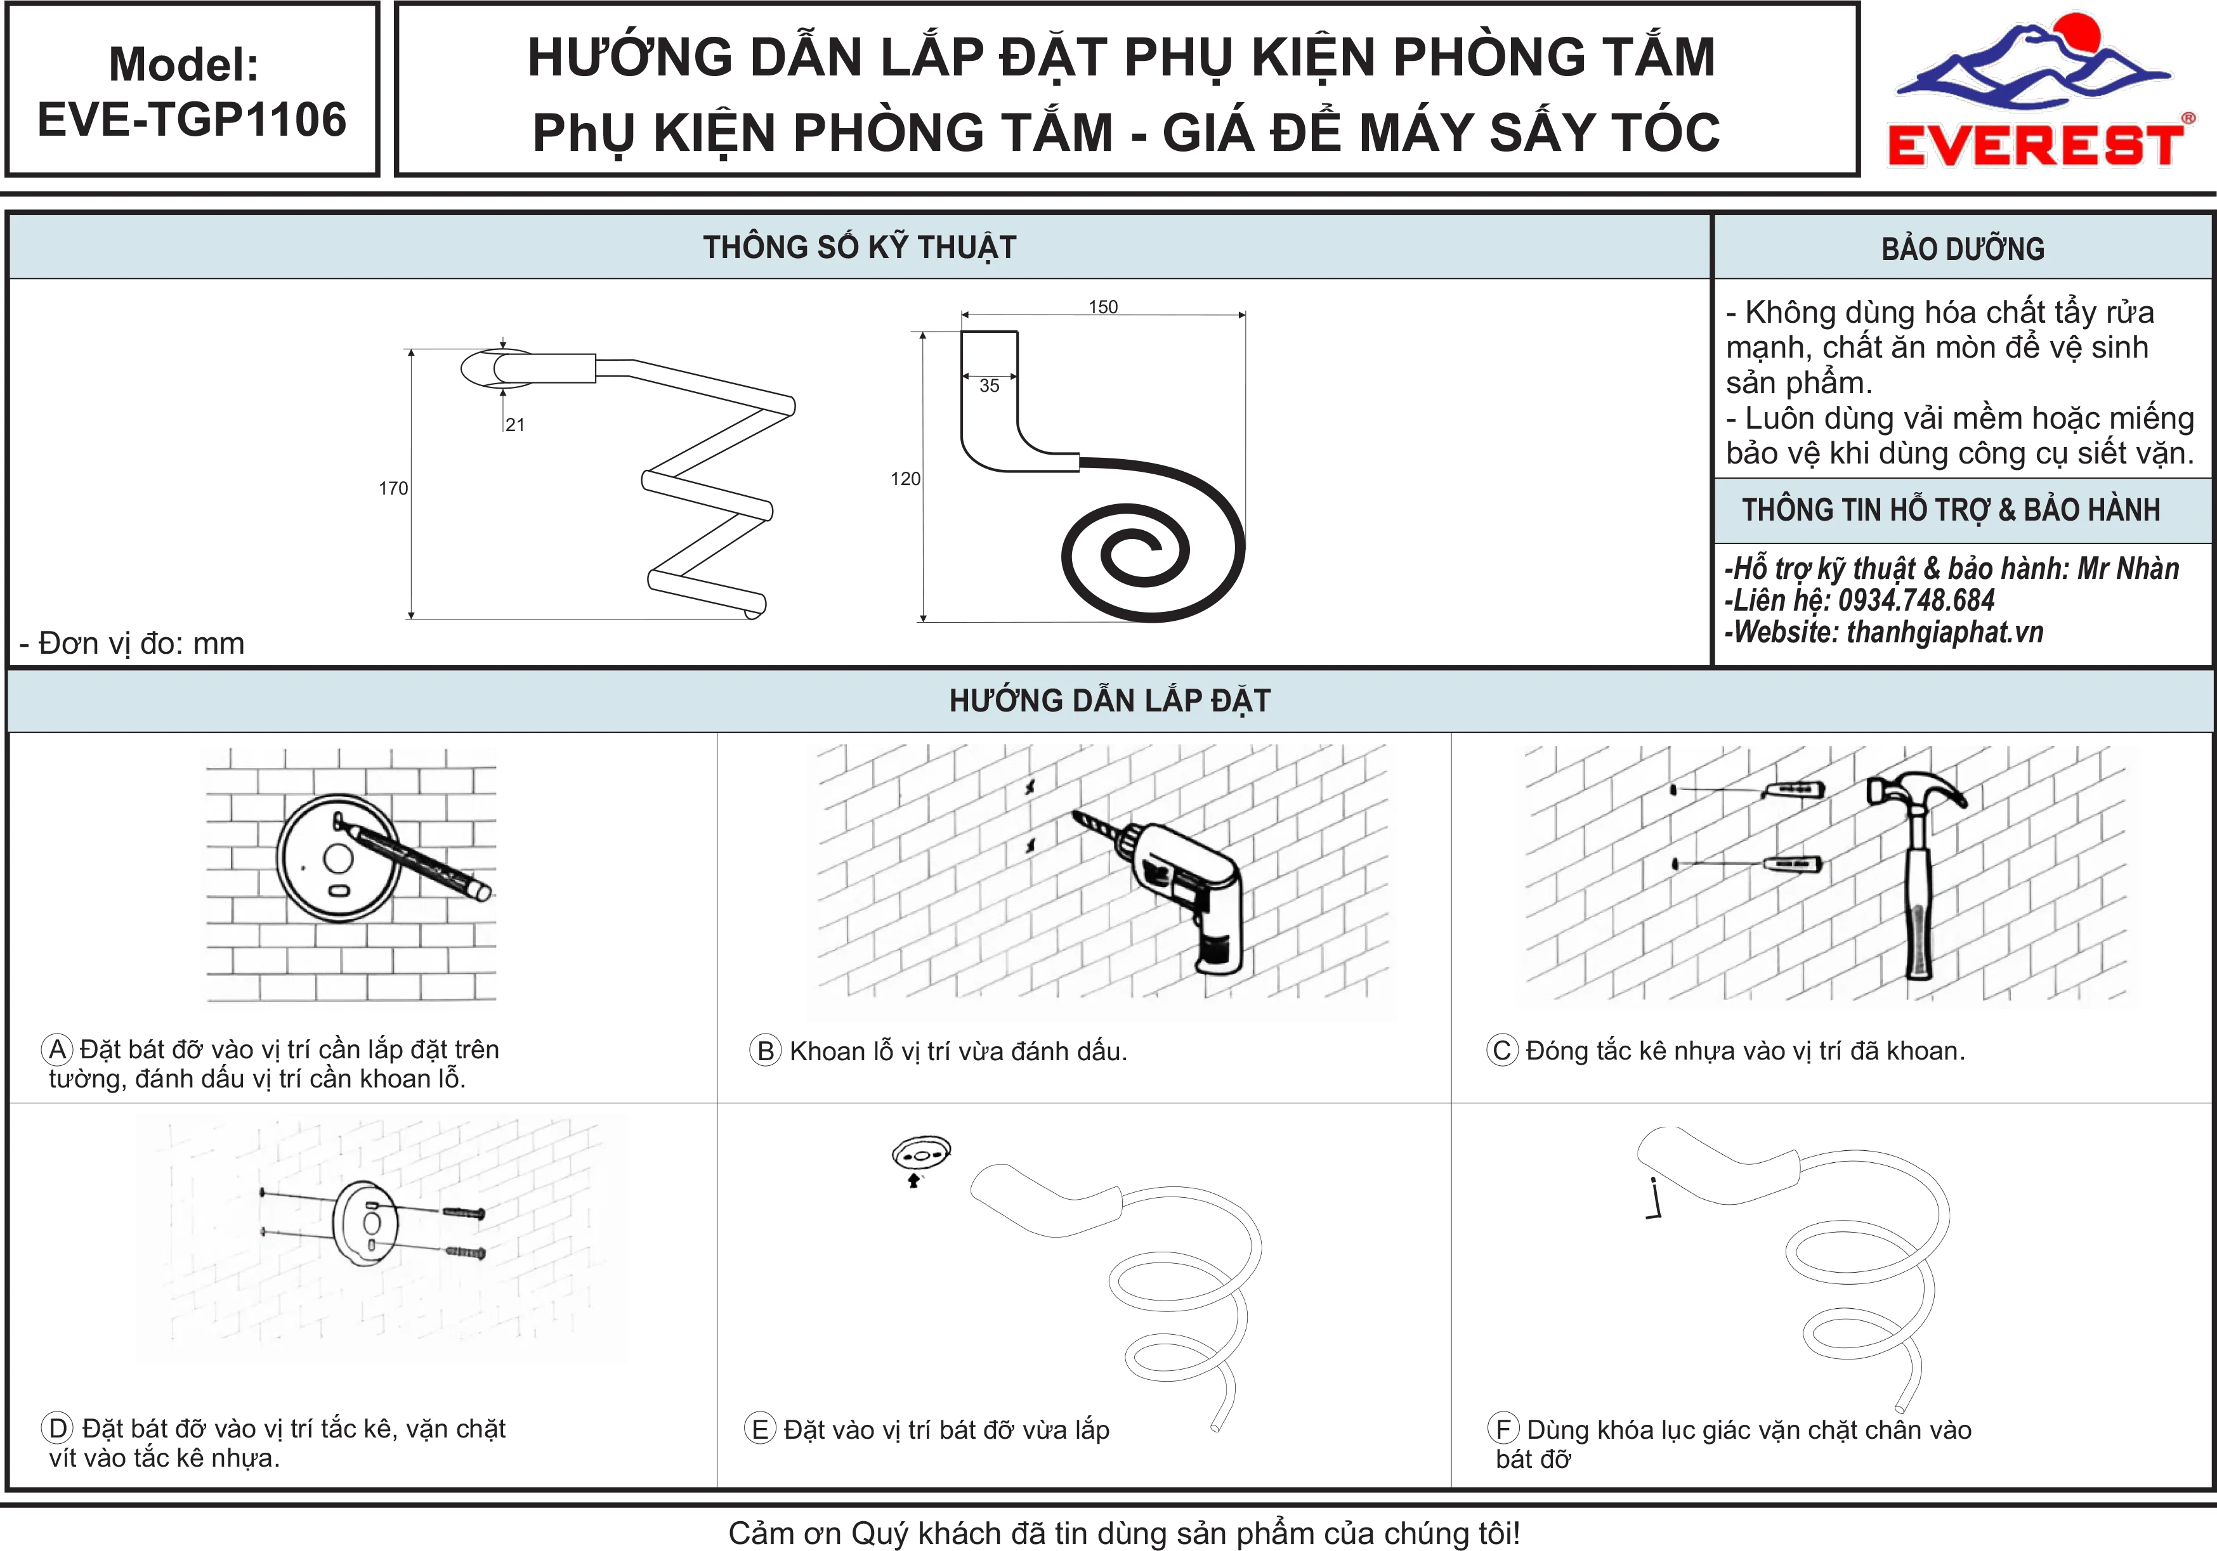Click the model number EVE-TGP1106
(x=192, y=120)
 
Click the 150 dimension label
(x=1102, y=307)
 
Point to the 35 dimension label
(x=990, y=386)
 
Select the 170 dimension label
(x=393, y=488)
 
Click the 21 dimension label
(x=514, y=425)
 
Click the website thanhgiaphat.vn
(x=1945, y=632)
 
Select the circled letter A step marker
(x=58, y=1049)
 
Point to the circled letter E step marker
(x=760, y=1429)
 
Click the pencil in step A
(x=414, y=857)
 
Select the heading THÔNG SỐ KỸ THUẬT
(x=860, y=247)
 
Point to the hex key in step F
(x=1655, y=1198)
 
